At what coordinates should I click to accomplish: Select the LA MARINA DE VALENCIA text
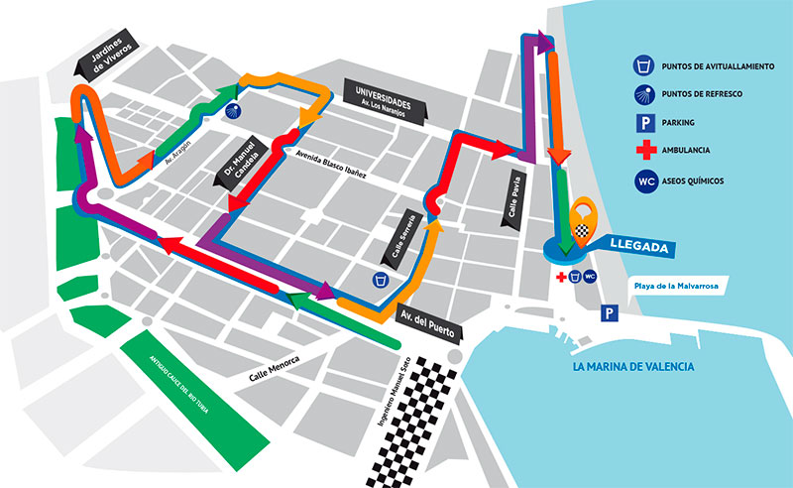click(x=634, y=367)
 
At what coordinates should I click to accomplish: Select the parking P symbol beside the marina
click(x=607, y=313)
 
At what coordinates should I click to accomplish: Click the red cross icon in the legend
click(x=643, y=151)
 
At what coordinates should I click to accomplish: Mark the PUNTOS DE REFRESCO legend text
click(x=714, y=94)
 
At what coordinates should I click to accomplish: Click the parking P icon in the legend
click(x=643, y=123)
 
